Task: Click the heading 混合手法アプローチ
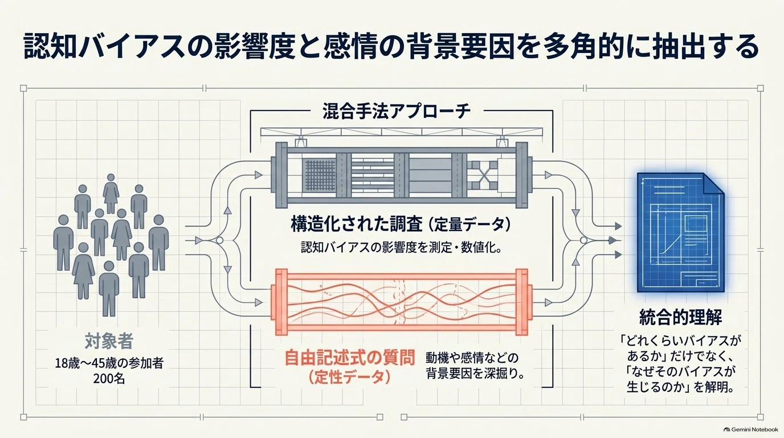(x=397, y=111)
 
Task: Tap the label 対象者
(x=109, y=340)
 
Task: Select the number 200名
(x=109, y=379)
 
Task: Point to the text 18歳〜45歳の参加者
(x=109, y=363)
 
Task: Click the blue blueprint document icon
(x=680, y=232)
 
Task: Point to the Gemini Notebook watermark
(x=751, y=429)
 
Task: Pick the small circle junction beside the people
(x=219, y=241)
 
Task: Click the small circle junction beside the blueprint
(x=583, y=240)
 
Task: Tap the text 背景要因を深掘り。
(x=475, y=374)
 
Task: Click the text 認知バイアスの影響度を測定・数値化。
(x=402, y=248)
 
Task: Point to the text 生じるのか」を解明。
(x=680, y=387)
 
